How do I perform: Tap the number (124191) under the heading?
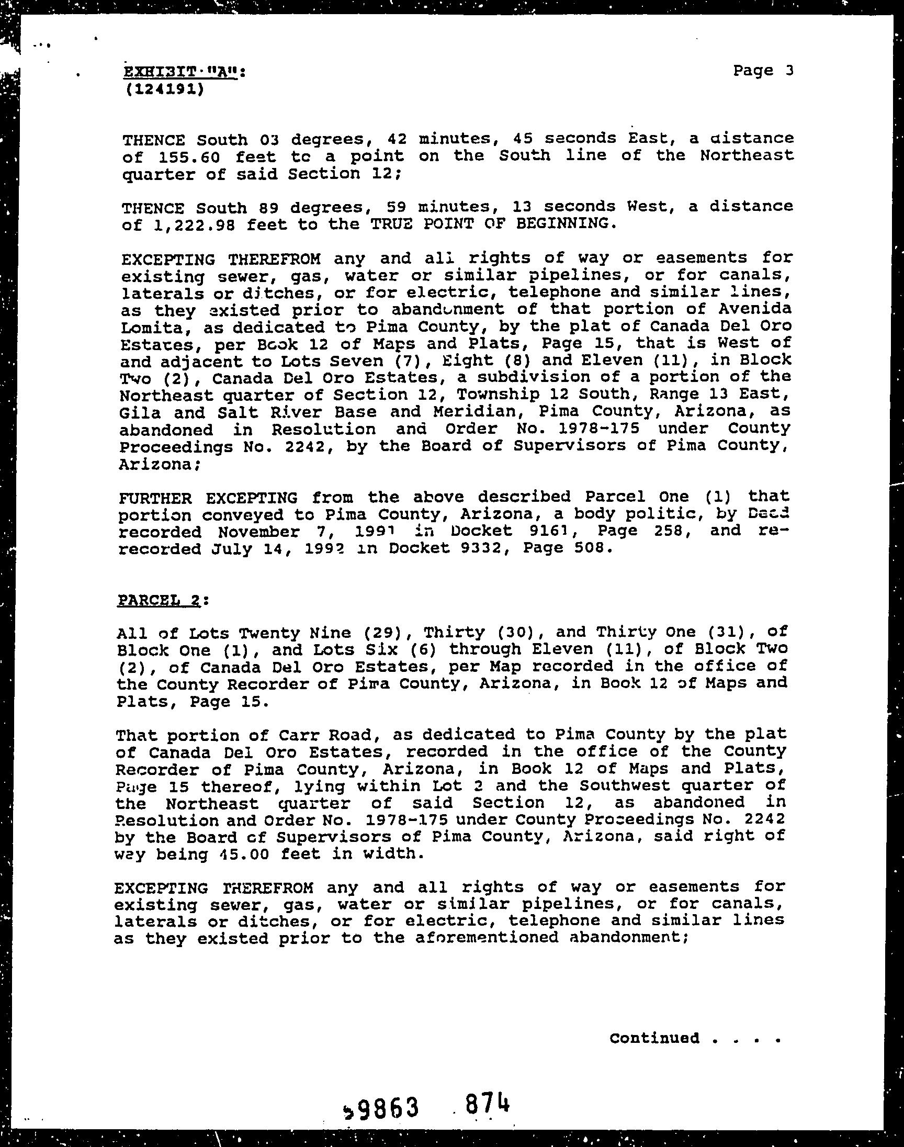[x=165, y=89]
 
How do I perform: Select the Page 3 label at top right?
[x=763, y=71]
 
